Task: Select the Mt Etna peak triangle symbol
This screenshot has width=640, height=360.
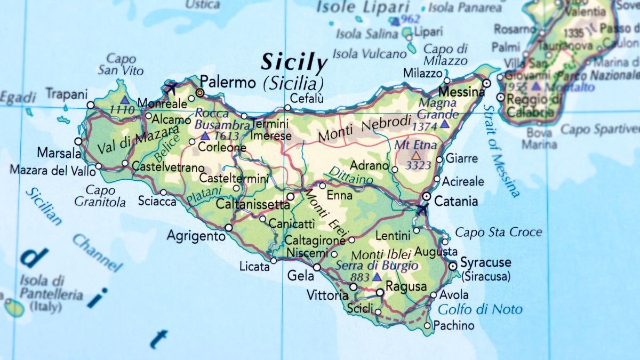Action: tap(415, 156)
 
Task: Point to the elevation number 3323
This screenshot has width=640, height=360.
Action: tap(418, 165)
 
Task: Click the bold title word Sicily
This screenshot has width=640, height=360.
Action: tap(293, 63)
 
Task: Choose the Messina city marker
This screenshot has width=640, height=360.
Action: tap(486, 84)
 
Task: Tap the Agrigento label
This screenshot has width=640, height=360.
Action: tap(196, 235)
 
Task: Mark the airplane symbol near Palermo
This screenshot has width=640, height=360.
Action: tap(171, 87)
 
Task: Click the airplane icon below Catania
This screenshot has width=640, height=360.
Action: tap(421, 210)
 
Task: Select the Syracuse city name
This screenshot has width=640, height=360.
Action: tap(485, 262)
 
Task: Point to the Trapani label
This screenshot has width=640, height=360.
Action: tap(66, 94)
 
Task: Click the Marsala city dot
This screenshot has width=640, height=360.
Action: tap(78, 141)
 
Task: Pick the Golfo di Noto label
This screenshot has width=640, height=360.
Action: tap(480, 309)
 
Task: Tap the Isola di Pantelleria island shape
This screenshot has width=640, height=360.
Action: tap(14, 307)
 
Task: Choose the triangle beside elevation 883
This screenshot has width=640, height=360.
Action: tap(377, 277)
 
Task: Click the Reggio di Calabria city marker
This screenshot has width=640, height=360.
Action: tap(500, 97)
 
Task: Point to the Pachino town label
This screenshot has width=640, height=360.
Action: tap(454, 325)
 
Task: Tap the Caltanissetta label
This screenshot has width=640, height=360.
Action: tap(253, 204)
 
